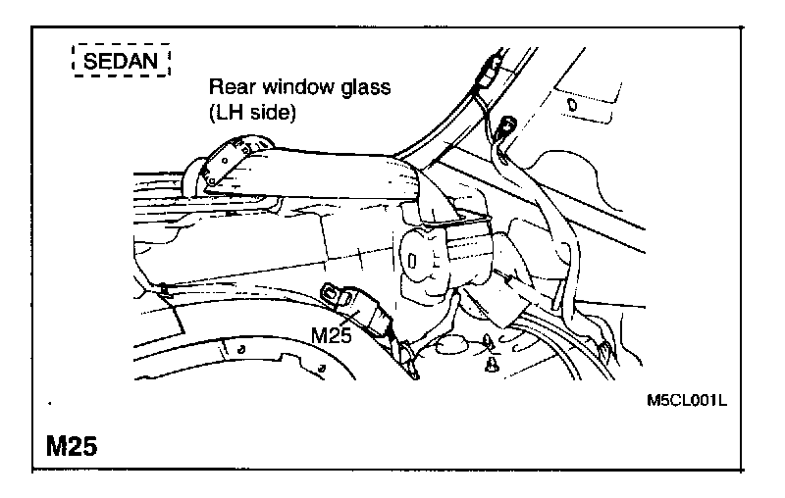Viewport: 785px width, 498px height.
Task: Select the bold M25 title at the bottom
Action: click(71, 446)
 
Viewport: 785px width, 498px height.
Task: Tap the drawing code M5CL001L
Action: click(693, 401)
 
